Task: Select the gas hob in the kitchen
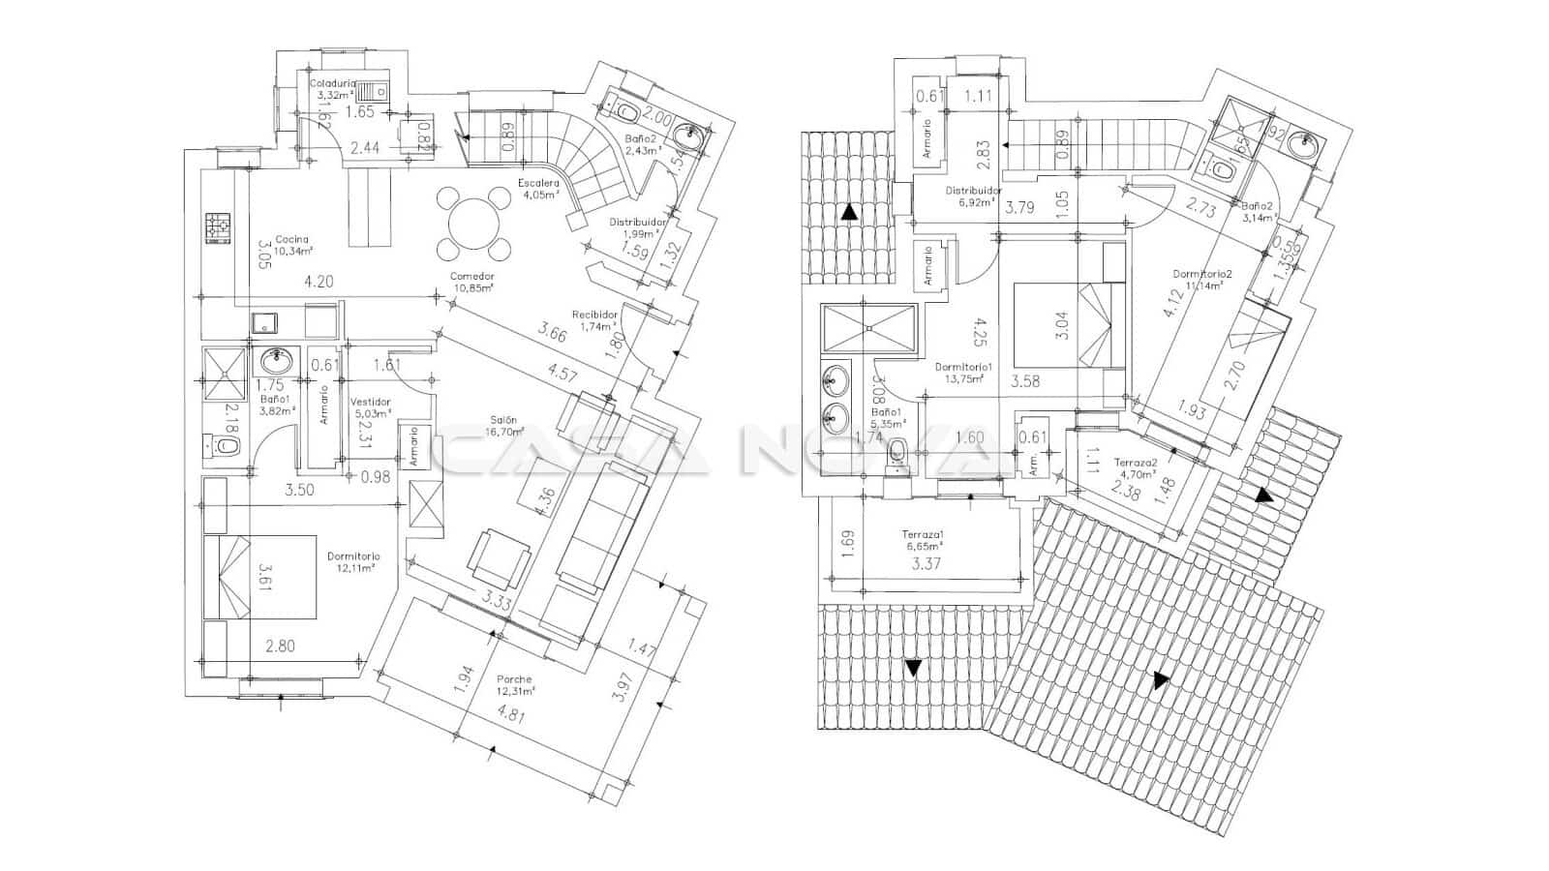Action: point(218,228)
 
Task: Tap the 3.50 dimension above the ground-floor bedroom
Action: point(299,491)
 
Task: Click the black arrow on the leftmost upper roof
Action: point(849,212)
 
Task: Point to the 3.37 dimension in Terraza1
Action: point(927,563)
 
